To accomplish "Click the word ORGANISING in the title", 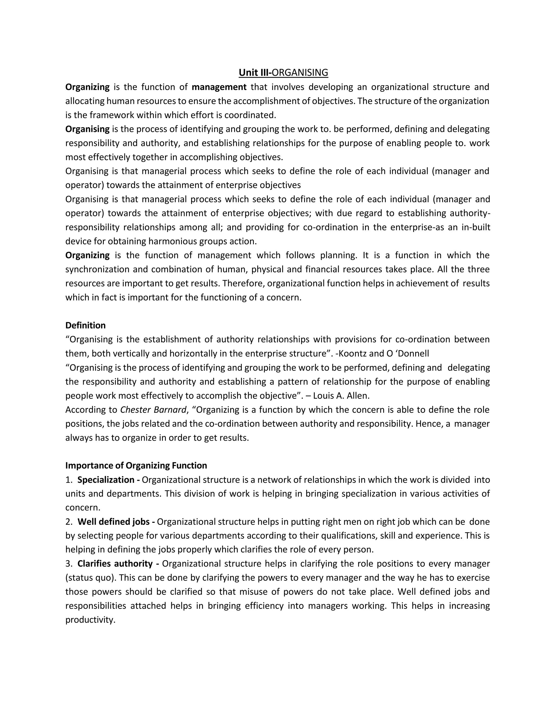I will tap(300, 72).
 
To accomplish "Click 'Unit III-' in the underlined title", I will tap(255, 72).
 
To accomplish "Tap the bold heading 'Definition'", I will tap(85, 325).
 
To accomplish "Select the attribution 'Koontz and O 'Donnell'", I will tap(384, 354).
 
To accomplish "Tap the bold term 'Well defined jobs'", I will tap(114, 522).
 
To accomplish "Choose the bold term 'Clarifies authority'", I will tap(115, 564).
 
